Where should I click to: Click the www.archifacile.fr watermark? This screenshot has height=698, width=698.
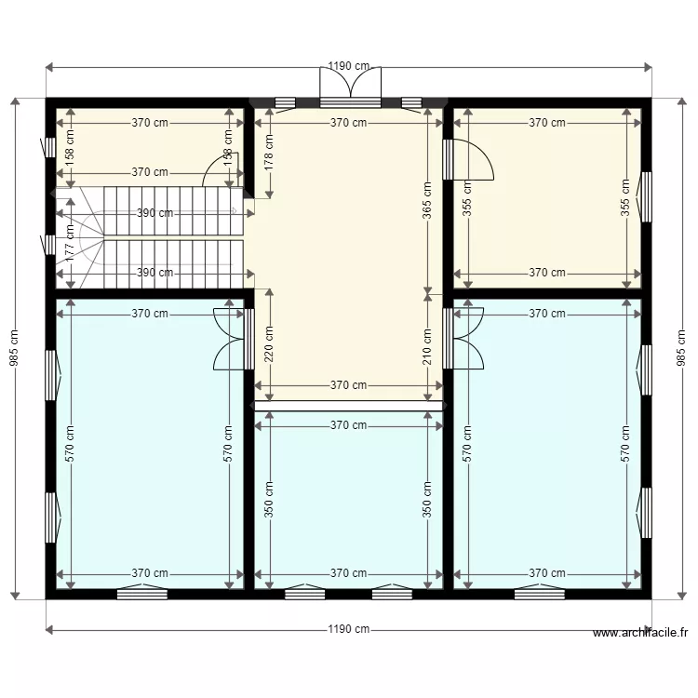640,633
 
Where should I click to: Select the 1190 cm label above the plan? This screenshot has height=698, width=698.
348,67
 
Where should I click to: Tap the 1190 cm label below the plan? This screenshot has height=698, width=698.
348,629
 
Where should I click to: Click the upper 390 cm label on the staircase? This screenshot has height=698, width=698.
154,213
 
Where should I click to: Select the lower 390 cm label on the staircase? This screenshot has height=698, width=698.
154,273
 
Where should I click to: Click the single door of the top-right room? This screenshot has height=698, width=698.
471,159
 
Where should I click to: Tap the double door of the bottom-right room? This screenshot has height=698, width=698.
463,338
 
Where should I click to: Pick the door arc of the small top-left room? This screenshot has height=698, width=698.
219,171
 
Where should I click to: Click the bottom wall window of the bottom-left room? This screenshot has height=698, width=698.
142,593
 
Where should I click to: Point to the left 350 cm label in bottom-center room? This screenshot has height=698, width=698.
270,499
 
